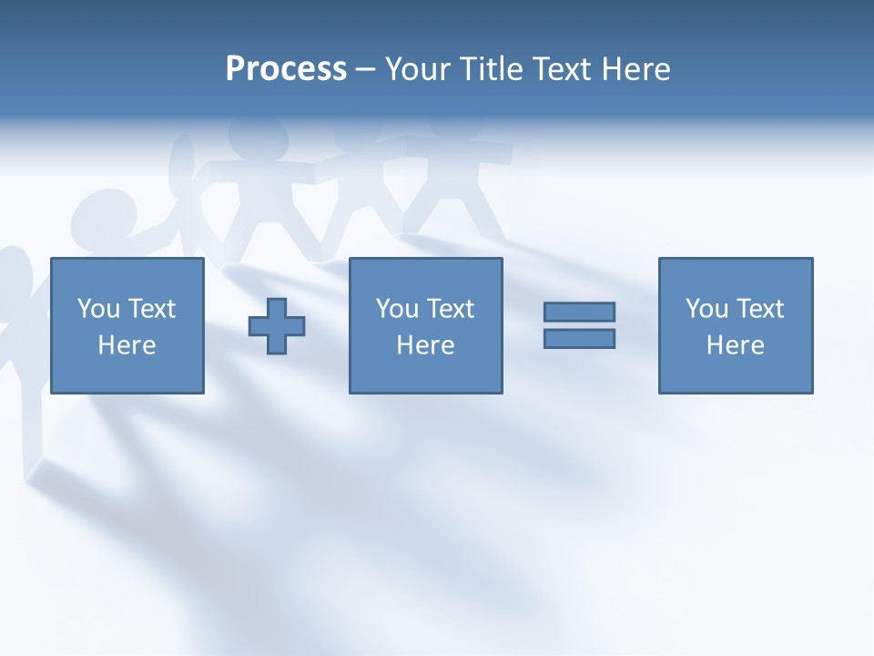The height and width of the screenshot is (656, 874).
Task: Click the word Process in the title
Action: point(286,69)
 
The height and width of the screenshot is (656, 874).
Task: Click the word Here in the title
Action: point(635,69)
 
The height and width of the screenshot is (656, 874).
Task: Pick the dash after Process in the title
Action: point(365,70)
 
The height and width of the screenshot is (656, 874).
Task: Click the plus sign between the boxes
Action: point(277,325)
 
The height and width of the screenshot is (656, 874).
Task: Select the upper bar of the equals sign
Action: point(579,312)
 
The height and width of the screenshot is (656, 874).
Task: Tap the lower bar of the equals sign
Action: point(579,338)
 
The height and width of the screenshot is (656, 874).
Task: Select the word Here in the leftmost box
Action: point(127,345)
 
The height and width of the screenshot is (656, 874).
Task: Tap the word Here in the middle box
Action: point(425,345)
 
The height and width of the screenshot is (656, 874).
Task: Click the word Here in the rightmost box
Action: point(735,345)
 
